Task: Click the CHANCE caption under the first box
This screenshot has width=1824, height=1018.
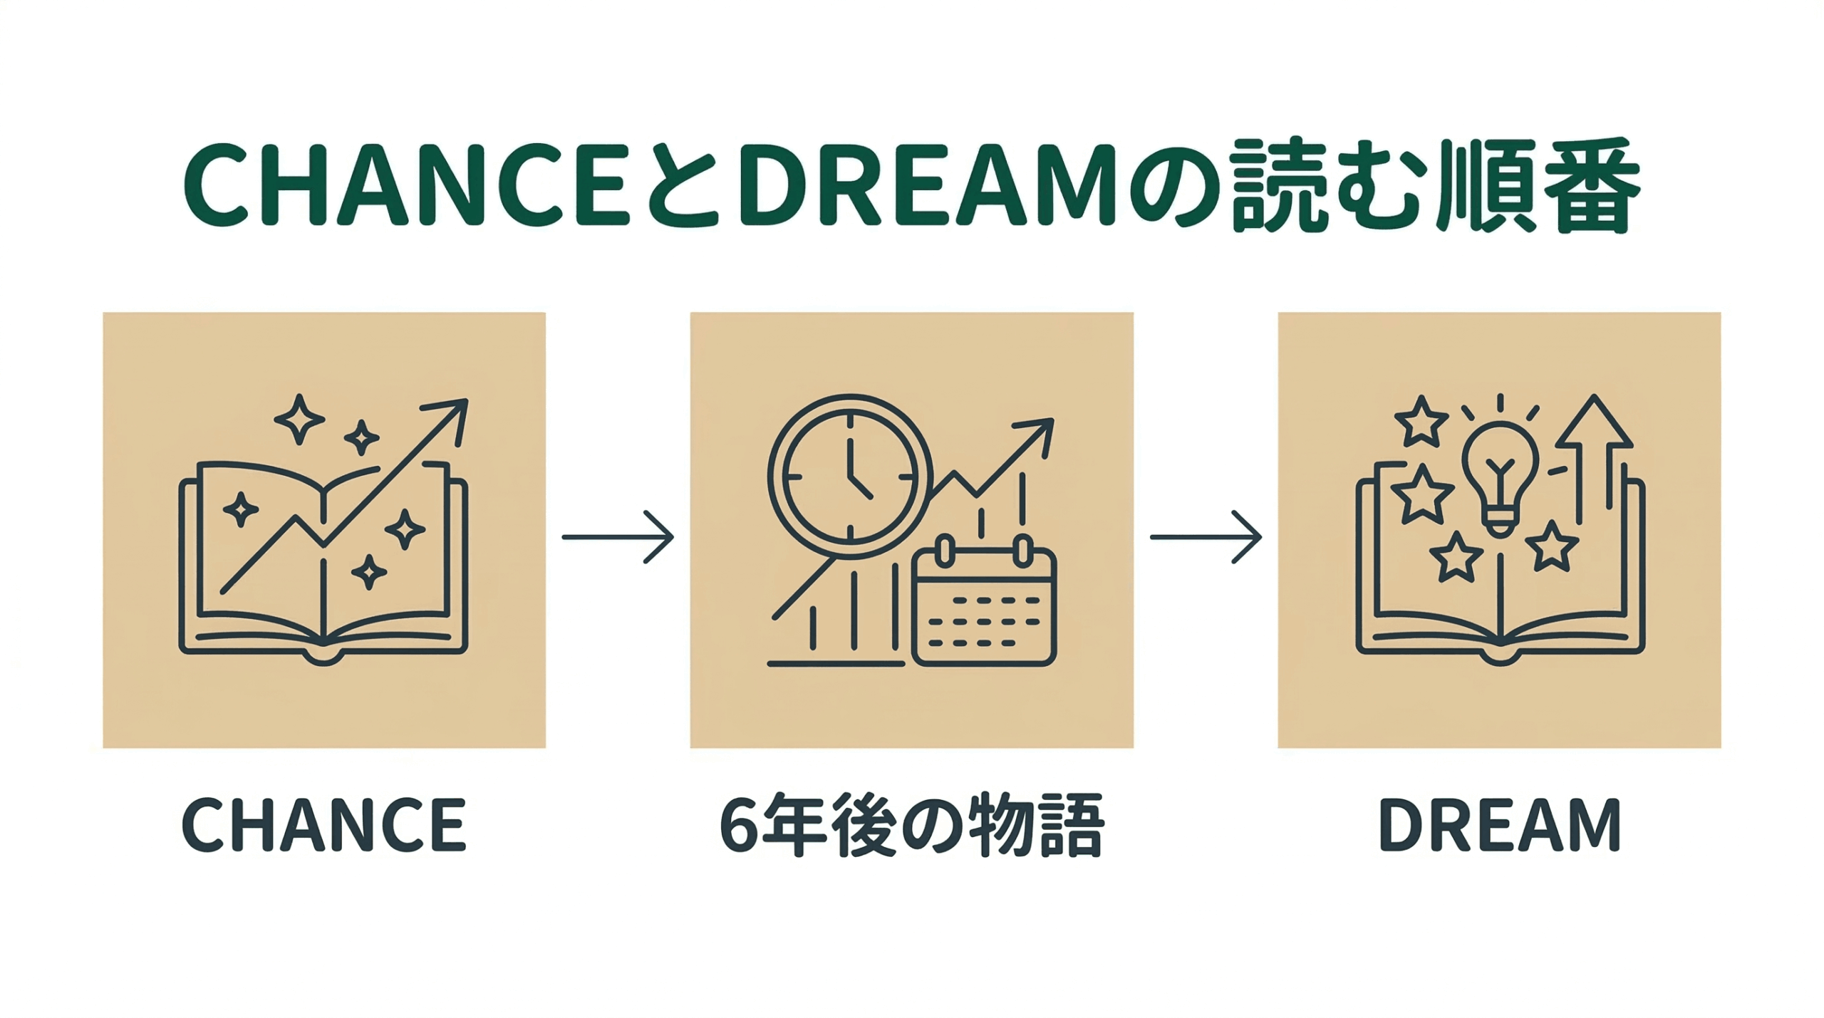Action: coord(324,825)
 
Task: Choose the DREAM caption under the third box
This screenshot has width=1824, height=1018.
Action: coord(1500,825)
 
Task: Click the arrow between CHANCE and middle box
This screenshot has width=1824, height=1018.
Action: coord(618,536)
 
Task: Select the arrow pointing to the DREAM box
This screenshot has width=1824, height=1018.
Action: coord(1206,536)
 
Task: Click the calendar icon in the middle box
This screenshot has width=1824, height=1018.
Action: coord(984,606)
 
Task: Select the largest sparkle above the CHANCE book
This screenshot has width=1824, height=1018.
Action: coord(299,419)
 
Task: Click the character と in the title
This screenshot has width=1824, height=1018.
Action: coord(684,187)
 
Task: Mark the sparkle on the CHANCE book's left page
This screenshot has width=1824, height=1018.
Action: coord(241,509)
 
